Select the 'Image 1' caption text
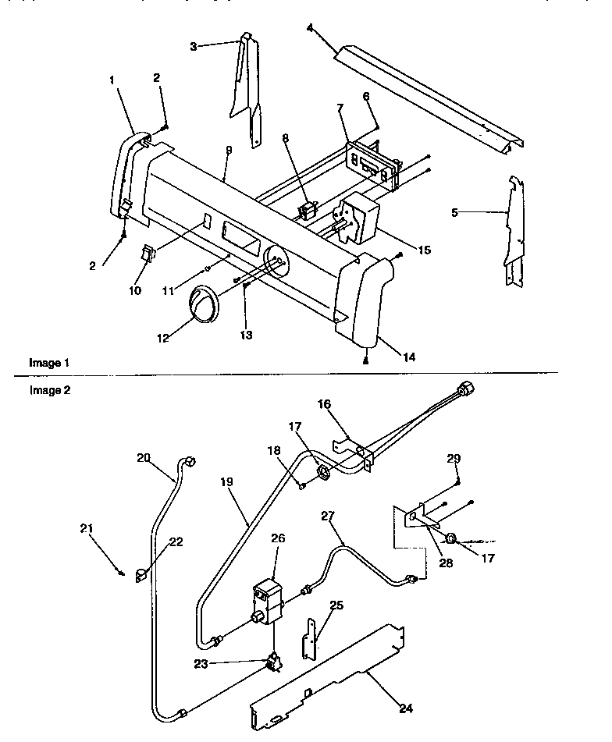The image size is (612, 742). click(x=49, y=363)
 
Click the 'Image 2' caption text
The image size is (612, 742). click(x=49, y=391)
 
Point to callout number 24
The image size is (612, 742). click(x=404, y=708)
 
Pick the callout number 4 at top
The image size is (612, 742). click(x=310, y=28)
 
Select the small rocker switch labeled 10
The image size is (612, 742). click(x=148, y=254)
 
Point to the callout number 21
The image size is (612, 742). click(x=87, y=528)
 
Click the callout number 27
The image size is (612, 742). click(x=326, y=515)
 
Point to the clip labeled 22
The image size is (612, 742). click(x=141, y=576)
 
